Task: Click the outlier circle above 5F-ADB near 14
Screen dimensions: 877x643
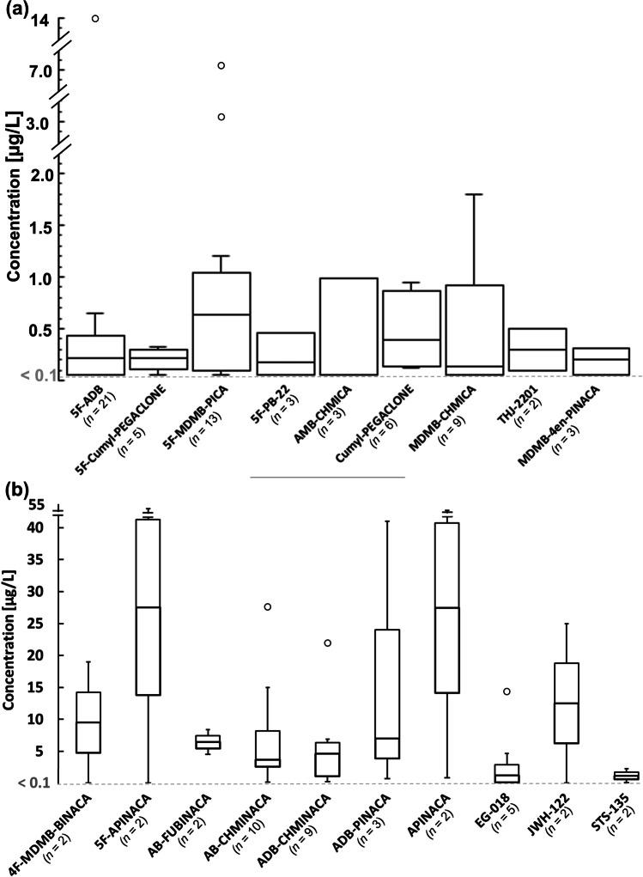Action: [95, 18]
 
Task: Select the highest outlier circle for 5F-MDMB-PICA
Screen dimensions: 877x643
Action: [221, 65]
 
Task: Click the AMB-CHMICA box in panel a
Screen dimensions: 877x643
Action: [348, 326]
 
